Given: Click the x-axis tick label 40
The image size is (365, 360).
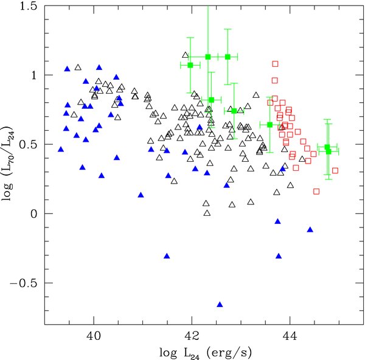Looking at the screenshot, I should (x=94, y=335).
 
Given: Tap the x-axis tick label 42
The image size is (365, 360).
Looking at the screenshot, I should (x=192, y=335).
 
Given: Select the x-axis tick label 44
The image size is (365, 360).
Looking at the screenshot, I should (x=290, y=335).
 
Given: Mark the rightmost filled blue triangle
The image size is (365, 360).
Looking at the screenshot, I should (x=310, y=229).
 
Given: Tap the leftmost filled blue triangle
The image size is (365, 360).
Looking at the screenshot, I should (x=61, y=149).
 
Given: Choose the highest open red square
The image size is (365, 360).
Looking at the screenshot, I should (x=275, y=63).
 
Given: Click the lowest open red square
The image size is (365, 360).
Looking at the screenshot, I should (x=316, y=192).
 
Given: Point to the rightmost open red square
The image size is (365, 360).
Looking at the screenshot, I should (x=335, y=170).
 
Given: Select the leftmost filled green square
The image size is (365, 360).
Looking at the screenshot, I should (x=190, y=65).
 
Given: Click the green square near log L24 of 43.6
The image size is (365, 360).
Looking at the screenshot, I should (x=270, y=125).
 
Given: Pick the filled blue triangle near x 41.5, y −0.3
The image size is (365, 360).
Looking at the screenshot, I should (x=167, y=255).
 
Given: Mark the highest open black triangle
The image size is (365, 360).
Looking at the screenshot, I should (x=77, y=66).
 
